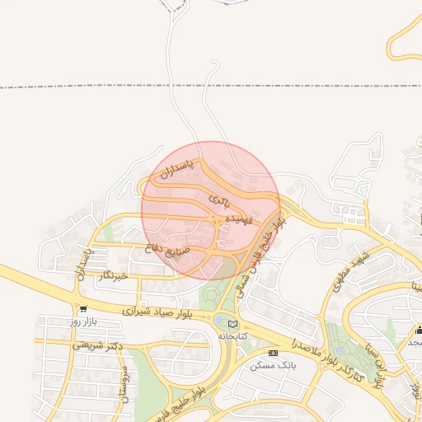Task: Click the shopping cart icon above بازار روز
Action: point(82,309)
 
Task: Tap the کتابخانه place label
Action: point(233,335)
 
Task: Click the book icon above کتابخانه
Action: point(233,324)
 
